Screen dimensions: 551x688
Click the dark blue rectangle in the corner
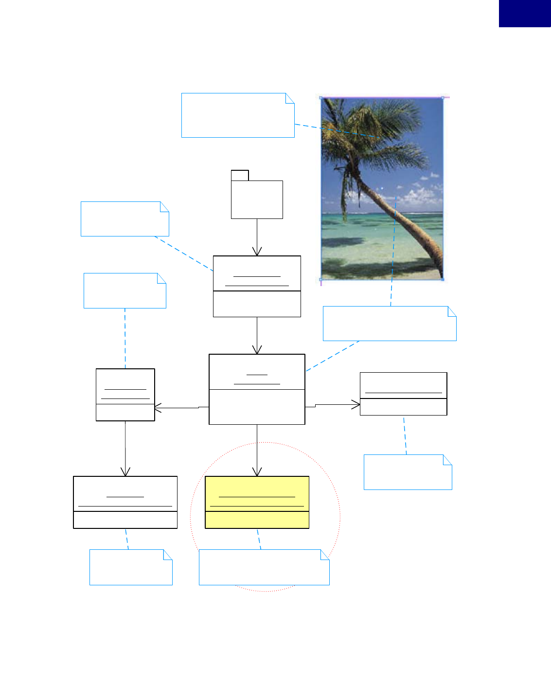525,13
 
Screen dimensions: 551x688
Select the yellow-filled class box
257,502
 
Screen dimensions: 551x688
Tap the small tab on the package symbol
240,175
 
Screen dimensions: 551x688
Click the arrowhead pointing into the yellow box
257,472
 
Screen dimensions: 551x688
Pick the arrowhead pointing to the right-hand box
356,404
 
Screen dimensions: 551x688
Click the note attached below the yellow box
264,567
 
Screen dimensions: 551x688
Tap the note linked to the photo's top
238,115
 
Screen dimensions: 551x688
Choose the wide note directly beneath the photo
390,324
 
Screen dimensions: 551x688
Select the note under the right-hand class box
408,472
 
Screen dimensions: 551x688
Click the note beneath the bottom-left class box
131,567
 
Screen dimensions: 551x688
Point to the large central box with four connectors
257,389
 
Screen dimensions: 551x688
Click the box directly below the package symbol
257,286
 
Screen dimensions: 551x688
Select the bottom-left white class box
125,502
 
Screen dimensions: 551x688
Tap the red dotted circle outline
340,516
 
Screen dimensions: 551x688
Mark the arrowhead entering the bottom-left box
125,472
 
